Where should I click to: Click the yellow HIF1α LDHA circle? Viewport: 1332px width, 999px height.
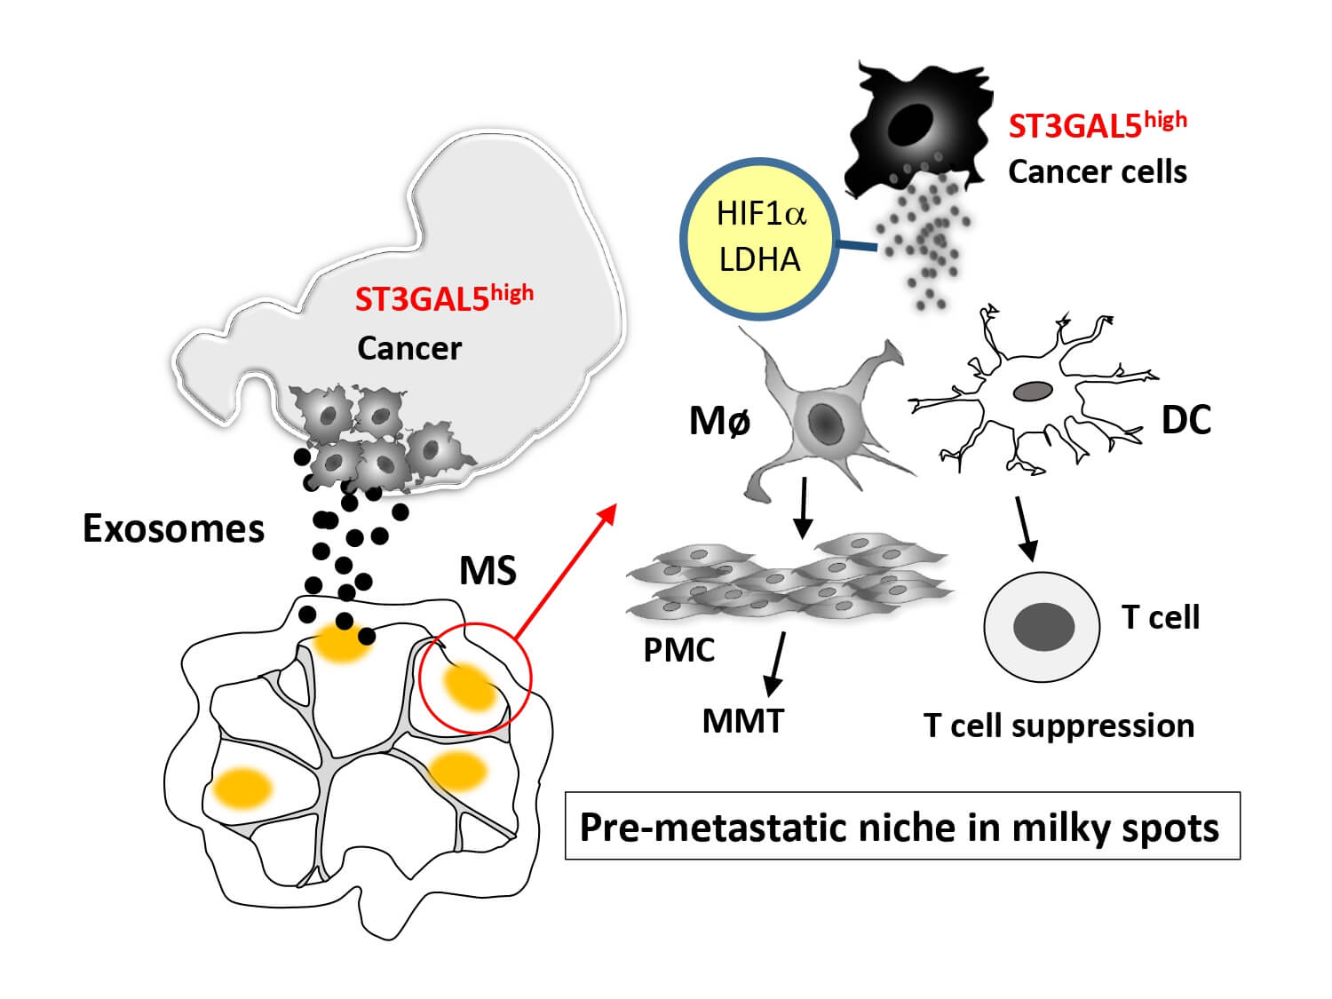tap(760, 238)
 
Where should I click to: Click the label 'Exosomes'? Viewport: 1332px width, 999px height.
tap(174, 528)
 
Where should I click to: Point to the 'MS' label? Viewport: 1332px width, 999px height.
tap(488, 570)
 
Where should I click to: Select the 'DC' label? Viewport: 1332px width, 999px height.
tap(1186, 420)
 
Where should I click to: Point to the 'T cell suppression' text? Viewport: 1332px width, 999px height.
tap(1058, 725)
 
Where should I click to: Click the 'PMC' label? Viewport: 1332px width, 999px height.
tap(678, 650)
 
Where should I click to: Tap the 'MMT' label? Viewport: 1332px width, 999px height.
tap(743, 720)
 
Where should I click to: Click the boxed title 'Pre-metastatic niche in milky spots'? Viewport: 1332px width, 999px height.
tap(901, 827)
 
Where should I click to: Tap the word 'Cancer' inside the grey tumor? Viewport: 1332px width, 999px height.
tap(409, 348)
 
